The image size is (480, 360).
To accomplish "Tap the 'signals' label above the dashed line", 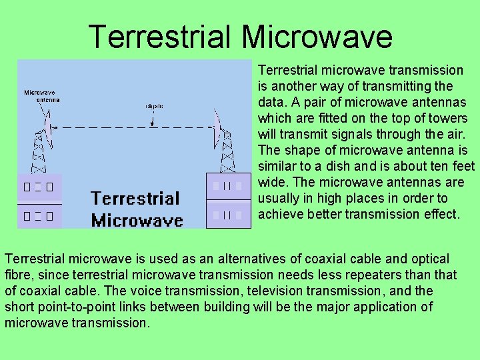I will tap(154, 106).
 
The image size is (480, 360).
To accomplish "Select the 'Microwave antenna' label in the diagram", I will tap(42, 96).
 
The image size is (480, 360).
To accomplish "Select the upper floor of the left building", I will tap(39, 188).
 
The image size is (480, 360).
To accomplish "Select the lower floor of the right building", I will tap(229, 215).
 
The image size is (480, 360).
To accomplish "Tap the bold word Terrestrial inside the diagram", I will tap(135, 198).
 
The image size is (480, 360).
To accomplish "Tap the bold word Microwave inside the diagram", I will tap(137, 220).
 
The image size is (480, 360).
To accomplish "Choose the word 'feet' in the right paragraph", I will tap(464, 166).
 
